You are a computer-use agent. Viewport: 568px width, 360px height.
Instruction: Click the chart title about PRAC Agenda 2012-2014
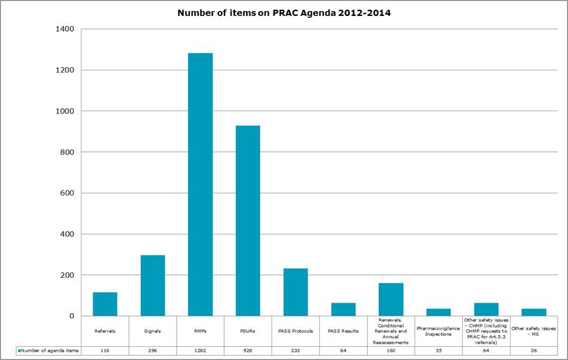284,13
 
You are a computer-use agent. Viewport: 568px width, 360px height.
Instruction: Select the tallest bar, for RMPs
200,184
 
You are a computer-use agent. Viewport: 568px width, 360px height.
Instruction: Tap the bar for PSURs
248,220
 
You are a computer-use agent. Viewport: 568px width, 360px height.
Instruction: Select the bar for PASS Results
343,309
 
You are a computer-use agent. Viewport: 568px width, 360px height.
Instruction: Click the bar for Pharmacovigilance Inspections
439,312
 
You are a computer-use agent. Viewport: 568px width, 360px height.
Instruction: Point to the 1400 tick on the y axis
67,29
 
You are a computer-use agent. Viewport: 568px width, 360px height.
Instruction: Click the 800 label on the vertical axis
69,152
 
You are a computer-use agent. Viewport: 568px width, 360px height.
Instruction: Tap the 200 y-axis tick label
69,275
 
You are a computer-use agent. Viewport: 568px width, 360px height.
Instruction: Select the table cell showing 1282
200,350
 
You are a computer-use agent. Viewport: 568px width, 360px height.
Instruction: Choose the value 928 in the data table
248,350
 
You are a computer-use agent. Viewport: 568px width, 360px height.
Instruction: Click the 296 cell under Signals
153,350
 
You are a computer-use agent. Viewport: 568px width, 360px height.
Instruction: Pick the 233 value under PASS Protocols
296,350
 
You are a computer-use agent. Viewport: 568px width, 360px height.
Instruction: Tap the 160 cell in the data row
391,350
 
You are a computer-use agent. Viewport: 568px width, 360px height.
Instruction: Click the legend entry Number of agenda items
47,350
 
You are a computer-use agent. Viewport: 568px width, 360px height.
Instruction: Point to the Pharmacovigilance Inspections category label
439,331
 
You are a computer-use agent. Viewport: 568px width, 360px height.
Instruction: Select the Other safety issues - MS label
533,331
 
